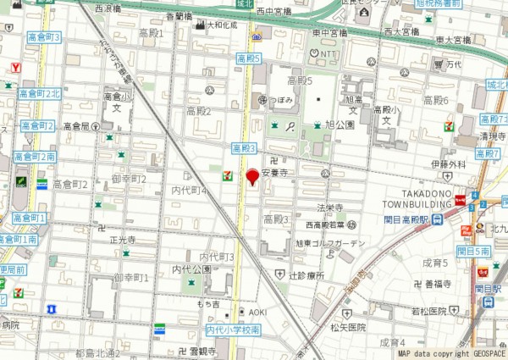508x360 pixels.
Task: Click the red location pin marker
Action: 251,177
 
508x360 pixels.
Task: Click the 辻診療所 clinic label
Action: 306,275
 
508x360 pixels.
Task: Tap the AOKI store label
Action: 257,313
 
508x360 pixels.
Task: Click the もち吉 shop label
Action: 208,303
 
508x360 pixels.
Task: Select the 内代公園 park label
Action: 192,269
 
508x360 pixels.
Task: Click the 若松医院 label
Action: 449,311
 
